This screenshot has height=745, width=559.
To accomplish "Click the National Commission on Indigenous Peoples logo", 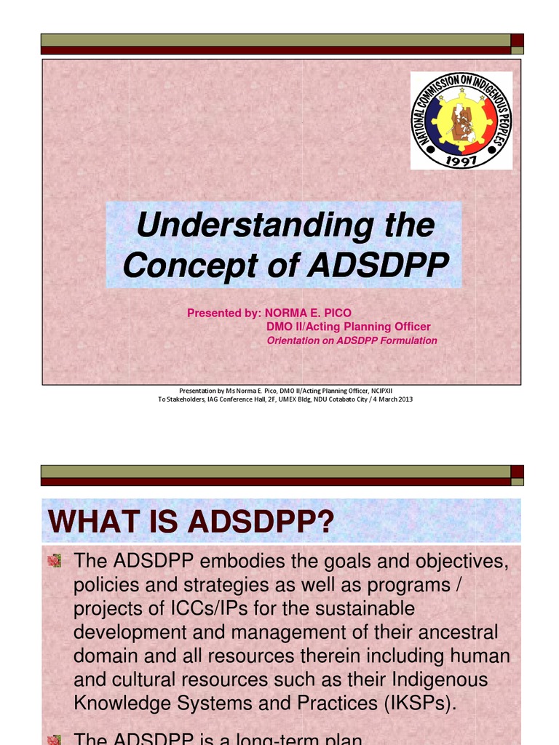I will pos(461,120).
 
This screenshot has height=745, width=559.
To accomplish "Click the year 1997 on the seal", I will pos(461,160).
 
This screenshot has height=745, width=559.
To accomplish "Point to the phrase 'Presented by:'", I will pos(223,313).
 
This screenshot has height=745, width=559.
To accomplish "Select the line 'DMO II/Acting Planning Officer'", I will pos(349,327).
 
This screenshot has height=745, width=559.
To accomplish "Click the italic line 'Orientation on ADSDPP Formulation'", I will pos(352,340).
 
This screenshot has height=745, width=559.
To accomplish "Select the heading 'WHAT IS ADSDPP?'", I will pos(190,522).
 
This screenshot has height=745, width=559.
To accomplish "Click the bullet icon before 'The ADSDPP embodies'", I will pos(54,560).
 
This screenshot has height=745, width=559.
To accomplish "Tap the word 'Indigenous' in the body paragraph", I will pos(451,680).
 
